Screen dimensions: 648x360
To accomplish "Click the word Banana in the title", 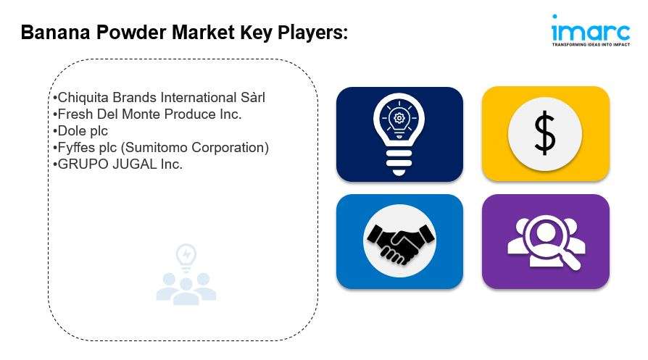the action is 55,32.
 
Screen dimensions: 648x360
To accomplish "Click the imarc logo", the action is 591,30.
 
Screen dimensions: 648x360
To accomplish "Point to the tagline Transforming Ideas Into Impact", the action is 591,44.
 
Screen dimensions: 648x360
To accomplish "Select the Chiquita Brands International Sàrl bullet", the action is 159,98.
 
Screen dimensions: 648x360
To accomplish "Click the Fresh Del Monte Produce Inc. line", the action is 147,114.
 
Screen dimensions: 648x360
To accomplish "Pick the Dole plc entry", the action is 80,131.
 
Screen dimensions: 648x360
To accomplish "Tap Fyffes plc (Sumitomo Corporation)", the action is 161,147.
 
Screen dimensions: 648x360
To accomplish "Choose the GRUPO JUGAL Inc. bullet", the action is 117,164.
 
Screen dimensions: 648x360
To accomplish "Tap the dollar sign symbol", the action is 544,133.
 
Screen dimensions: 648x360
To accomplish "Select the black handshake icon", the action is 399,244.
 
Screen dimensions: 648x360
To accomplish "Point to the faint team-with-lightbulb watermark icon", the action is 186,274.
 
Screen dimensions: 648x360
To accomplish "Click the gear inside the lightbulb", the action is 399,119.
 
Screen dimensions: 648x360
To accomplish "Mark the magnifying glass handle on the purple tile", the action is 572,261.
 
